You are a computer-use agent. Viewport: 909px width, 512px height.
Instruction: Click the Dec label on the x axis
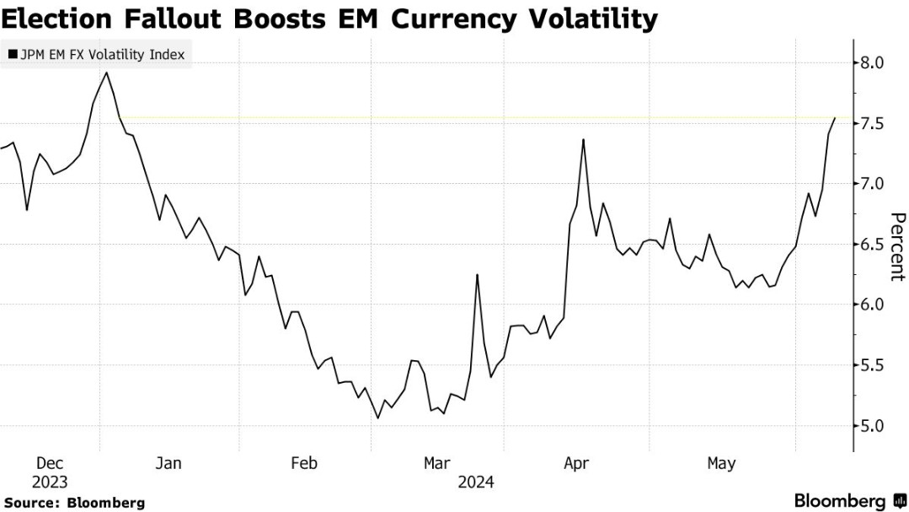pos(50,463)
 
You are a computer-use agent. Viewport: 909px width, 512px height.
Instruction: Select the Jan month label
pos(168,463)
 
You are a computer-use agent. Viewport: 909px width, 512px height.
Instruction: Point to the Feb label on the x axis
pos(303,463)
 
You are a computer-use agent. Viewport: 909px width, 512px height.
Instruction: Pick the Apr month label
pos(576,463)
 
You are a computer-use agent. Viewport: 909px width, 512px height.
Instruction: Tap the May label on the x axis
pos(721,463)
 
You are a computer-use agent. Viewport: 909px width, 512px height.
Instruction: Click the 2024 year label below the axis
pos(476,482)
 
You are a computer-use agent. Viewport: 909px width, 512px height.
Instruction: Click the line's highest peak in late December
pos(106,73)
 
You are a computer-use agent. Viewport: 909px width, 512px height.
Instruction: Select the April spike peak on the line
pos(583,140)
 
